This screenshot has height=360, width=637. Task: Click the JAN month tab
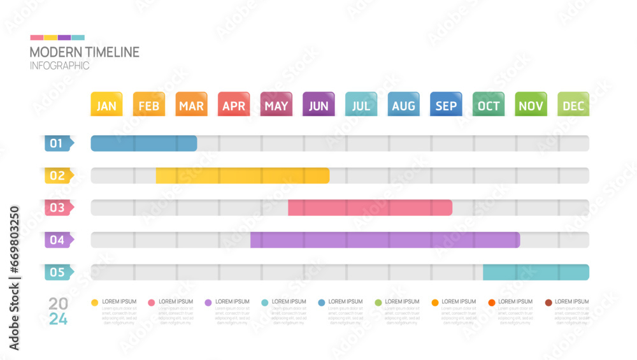coord(106,105)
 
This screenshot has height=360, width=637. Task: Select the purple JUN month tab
coord(318,105)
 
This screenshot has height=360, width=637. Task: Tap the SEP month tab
coord(446,105)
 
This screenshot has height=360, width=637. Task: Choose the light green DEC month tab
coord(573,105)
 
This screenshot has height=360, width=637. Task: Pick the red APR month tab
coord(234,105)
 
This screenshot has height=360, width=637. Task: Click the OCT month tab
coord(489,105)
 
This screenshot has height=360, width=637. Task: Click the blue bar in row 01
coord(144,143)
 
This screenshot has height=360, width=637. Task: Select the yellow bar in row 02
coord(242,175)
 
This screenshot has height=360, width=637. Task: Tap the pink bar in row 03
coord(370,208)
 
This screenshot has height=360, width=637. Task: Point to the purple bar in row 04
coord(385,240)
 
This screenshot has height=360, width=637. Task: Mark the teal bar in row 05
coord(536,273)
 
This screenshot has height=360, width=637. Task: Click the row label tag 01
coord(58,143)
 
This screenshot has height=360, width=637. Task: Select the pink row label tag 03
coord(58,208)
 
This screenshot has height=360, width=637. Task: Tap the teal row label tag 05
coord(58,273)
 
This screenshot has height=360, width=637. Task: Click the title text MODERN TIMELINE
coord(84,52)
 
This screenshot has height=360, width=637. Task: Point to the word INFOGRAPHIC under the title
coord(59,66)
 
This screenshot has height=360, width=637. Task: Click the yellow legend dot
coord(95,303)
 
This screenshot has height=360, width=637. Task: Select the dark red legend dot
coord(548,303)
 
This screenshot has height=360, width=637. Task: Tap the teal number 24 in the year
coord(58,319)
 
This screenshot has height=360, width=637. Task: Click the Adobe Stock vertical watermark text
coord(15,278)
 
